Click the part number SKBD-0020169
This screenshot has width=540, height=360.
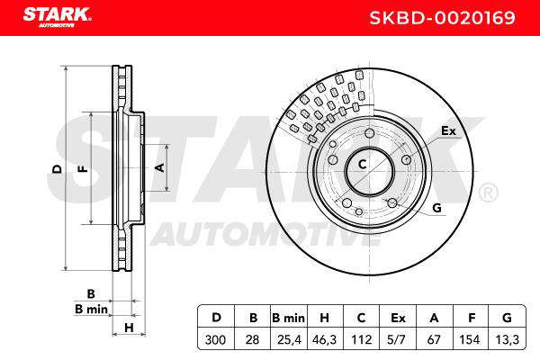pos(442,18)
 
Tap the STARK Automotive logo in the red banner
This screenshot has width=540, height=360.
pos(57,17)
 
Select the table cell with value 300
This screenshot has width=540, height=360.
pos(216,339)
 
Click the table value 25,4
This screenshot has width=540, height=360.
pos(289,339)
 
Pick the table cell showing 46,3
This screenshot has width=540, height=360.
pos(324,339)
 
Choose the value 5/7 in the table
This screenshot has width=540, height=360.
pos(396,339)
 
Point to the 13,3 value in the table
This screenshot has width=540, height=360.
pos(507,339)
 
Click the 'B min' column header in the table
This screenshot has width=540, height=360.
pos(288,318)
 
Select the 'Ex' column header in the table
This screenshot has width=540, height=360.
pos(398,318)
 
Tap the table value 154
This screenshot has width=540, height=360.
pos(470,339)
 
